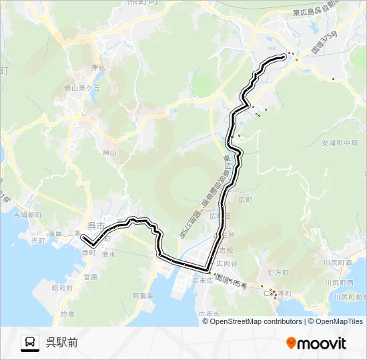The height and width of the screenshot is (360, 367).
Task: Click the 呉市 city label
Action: pyautogui.click(x=96, y=226)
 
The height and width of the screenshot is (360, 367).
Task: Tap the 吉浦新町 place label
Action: pyautogui.click(x=27, y=215)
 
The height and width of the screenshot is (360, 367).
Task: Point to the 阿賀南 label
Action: pyautogui.click(x=143, y=295)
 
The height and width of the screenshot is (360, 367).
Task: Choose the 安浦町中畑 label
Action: pyautogui.click(x=340, y=143)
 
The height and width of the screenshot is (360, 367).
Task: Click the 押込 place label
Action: pyautogui.click(x=98, y=67)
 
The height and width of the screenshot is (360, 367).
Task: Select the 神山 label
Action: pyautogui.click(x=109, y=153)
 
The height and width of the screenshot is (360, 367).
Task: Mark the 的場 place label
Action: pyautogui.click(x=67, y=313)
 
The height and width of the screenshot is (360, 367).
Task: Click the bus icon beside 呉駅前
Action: pyautogui.click(x=30, y=343)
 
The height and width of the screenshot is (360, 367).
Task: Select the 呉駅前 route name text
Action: pyautogui.click(x=62, y=343)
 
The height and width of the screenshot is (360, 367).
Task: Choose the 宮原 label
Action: pyautogui.click(x=90, y=276)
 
